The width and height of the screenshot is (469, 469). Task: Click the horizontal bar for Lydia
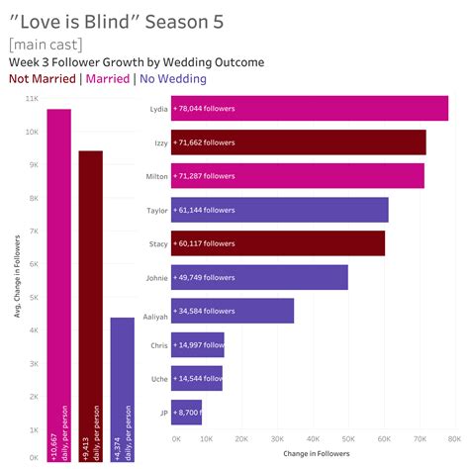(x=309, y=108)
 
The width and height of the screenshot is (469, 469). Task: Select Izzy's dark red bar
(x=298, y=141)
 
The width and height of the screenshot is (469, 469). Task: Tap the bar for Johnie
(x=259, y=277)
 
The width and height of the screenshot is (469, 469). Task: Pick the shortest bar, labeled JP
(x=186, y=412)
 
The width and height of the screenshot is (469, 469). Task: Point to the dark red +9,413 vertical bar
(x=90, y=306)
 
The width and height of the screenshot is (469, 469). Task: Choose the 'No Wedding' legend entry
(x=173, y=79)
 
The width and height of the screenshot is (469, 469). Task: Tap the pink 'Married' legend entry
(x=109, y=79)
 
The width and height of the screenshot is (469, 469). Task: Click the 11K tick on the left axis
(x=31, y=99)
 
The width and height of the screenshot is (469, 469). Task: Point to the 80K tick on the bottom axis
(x=453, y=436)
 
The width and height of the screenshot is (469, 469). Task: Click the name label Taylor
(x=156, y=210)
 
